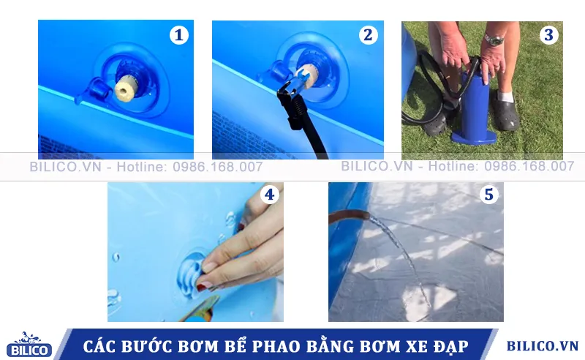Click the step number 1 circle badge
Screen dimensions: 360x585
coord(178,35)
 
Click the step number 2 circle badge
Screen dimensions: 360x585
coord(367,35)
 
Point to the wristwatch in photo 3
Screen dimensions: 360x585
coord(494,39)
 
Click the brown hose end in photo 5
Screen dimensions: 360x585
coord(349,217)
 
